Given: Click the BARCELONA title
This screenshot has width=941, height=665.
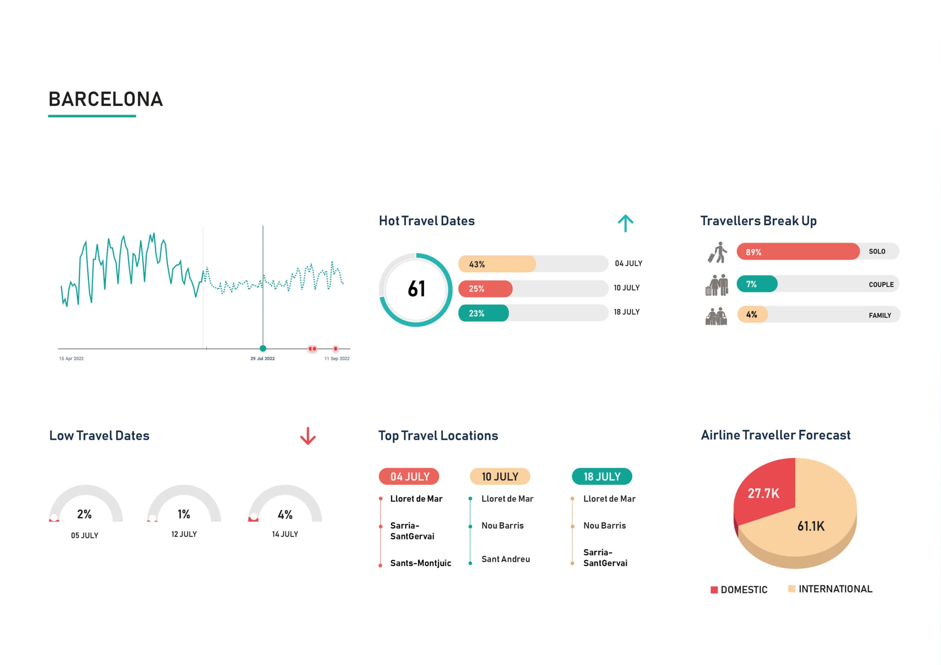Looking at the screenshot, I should (106, 99).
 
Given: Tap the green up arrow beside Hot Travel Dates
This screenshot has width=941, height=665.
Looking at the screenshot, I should (625, 223).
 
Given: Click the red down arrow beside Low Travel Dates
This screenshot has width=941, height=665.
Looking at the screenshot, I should (308, 436).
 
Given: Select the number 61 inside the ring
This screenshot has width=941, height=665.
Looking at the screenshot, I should (416, 289).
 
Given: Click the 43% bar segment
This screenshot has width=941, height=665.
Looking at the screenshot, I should (497, 264).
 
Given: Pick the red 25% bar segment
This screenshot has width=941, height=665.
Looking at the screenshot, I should (485, 289).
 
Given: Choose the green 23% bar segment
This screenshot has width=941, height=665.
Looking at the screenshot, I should (484, 313).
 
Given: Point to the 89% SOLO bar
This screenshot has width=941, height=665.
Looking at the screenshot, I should (798, 252).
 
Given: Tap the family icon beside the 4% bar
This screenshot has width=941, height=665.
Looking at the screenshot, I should (716, 316).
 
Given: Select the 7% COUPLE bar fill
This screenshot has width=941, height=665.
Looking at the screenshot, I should (756, 284).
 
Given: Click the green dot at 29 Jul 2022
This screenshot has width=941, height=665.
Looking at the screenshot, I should (263, 348).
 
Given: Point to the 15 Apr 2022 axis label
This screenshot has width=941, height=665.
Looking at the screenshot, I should (71, 359).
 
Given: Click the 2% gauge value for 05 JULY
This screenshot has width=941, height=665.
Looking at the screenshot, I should (85, 514).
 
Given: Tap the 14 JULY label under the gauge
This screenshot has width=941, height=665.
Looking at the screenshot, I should (285, 534).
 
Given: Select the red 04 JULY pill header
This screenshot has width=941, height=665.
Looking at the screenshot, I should (409, 477).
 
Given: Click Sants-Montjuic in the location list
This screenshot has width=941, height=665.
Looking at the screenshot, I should (421, 563).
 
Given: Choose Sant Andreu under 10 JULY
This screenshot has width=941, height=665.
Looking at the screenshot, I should (505, 559).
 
